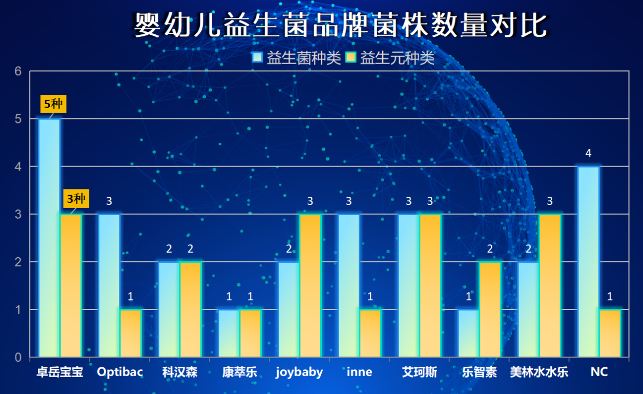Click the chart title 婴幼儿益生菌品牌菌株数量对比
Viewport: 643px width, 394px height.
[x=341, y=25]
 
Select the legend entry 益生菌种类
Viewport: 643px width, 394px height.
[x=297, y=58]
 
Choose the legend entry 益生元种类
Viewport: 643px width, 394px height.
[x=390, y=58]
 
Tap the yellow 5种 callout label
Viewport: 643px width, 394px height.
[x=53, y=104]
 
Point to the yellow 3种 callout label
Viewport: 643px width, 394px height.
[x=76, y=199]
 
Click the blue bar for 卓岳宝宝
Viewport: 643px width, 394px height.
[x=49, y=238]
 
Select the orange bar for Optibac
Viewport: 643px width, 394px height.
[x=131, y=333]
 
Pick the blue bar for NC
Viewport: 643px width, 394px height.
[x=589, y=262]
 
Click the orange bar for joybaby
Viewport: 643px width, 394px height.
[x=310, y=285]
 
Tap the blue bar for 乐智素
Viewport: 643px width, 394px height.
[x=469, y=333]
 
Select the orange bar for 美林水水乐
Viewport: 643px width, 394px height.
[x=550, y=285]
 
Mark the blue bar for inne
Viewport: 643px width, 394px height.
[x=349, y=285]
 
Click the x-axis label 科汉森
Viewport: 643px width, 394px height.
[x=180, y=372]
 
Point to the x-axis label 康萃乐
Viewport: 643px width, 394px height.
[x=240, y=372]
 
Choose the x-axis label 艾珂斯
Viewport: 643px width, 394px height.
[x=420, y=372]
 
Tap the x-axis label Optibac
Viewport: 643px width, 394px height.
[x=120, y=372]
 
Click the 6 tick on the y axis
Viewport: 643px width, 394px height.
[x=18, y=71]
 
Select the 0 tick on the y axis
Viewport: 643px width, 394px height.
[x=18, y=358]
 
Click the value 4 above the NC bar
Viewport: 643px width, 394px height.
[x=589, y=153]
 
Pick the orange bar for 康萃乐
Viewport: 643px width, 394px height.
[x=251, y=333]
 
